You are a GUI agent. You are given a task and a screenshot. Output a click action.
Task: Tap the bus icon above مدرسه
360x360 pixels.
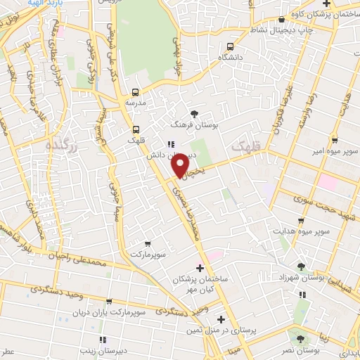coord(135,91)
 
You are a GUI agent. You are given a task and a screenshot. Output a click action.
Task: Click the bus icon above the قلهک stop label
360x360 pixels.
coord(135,129)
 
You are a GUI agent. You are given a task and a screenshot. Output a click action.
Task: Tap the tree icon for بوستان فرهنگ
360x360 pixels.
coord(195,114)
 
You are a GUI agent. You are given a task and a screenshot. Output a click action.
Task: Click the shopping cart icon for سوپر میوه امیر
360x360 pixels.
coord(335,140)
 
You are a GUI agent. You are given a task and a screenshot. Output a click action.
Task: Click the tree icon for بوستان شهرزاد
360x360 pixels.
coord(302,266)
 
